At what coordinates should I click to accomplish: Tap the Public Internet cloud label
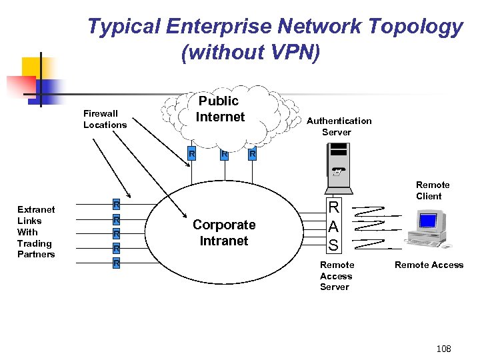tap(220, 109)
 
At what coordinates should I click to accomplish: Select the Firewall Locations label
tap(105, 119)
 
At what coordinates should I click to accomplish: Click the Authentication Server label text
tap(339, 126)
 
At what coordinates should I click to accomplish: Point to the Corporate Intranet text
tap(224, 233)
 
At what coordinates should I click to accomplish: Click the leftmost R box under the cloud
tap(191, 155)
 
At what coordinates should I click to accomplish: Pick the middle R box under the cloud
tap(225, 155)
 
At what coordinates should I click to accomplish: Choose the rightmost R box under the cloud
tap(251, 155)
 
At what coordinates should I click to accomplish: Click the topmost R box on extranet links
tap(116, 204)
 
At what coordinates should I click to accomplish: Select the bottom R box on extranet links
tap(116, 263)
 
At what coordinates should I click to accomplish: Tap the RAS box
tap(333, 226)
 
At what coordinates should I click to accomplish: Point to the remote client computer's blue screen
tap(427, 220)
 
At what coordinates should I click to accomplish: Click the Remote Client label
tap(433, 190)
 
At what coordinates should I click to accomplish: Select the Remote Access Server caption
tap(337, 276)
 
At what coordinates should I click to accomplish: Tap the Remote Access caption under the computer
tap(429, 265)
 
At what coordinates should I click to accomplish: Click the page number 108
tap(443, 349)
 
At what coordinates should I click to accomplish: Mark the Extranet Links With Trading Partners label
tap(36, 231)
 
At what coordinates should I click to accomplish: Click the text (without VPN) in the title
tap(251, 53)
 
